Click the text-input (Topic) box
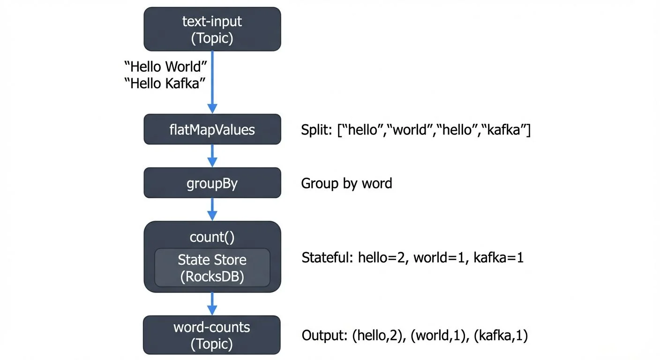(212, 29)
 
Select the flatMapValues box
(212, 129)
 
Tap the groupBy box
(212, 183)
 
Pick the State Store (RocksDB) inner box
(212, 268)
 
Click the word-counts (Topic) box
(212, 335)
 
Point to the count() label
(212, 237)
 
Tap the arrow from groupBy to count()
(212, 209)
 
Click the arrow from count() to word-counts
(212, 304)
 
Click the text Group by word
(346, 183)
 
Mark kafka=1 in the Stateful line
(498, 257)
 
